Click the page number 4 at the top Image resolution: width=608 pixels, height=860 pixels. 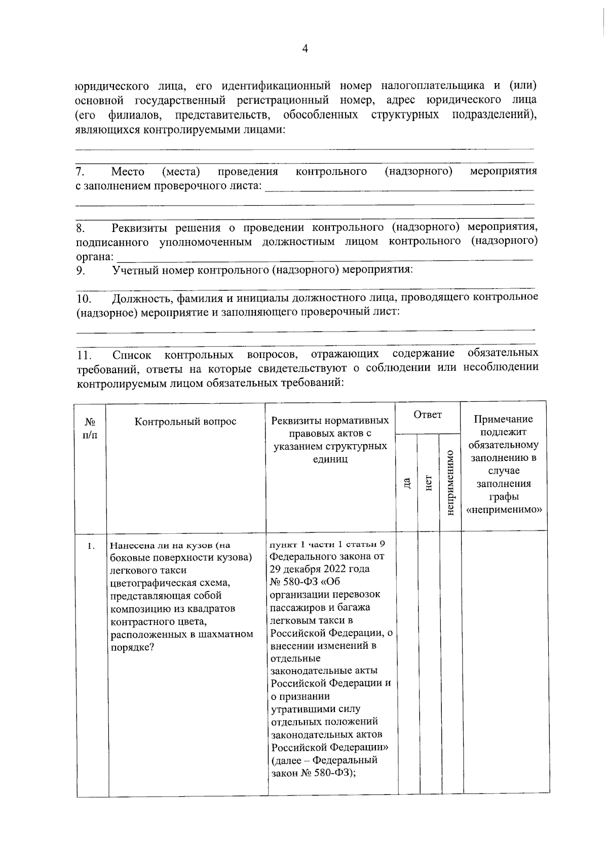[305, 49]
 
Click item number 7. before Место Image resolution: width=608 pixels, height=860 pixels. [80, 172]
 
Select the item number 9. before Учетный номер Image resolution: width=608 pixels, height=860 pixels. [80, 270]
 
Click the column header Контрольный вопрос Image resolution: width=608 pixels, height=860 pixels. [185, 421]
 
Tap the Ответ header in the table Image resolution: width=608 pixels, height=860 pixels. [428, 415]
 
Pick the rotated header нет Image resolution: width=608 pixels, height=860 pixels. [428, 483]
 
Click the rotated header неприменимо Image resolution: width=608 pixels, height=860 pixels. [450, 483]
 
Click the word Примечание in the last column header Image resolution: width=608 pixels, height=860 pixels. [503, 419]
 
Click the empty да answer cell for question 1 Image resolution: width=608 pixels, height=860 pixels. [408, 658]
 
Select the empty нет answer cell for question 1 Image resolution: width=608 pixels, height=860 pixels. [430, 658]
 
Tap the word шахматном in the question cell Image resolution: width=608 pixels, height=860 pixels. [229, 634]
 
